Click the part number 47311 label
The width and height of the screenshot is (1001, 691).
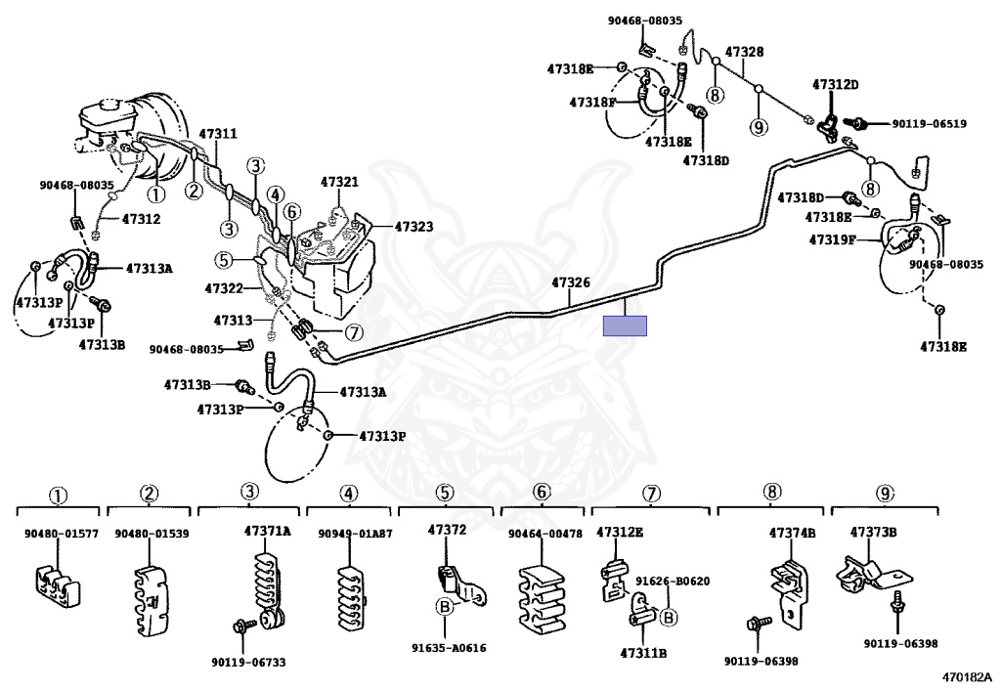pos(218,134)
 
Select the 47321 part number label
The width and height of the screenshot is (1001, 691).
pos(339,182)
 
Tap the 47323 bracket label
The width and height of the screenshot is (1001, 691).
pos(413,227)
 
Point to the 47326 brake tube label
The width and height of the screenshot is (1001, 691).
pos(570,282)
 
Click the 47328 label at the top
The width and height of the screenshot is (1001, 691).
pos(744,52)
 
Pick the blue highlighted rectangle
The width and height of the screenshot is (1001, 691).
pos(625,326)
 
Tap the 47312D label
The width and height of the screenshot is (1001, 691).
pos(836,84)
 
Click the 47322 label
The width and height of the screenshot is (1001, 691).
pos(224,288)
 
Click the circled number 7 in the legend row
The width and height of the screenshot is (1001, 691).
pos(650,494)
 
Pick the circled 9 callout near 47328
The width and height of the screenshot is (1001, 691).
pos(759,128)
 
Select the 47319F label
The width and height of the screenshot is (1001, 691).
pos(833,239)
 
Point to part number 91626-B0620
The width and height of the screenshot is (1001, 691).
pos(673,582)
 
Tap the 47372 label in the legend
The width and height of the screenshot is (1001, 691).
pos(447,530)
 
